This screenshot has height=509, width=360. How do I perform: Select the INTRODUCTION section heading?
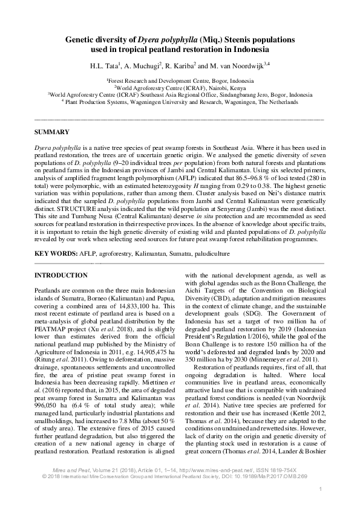(x=62, y=276)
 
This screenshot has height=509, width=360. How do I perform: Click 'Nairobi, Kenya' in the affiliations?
(x=221, y=87)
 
